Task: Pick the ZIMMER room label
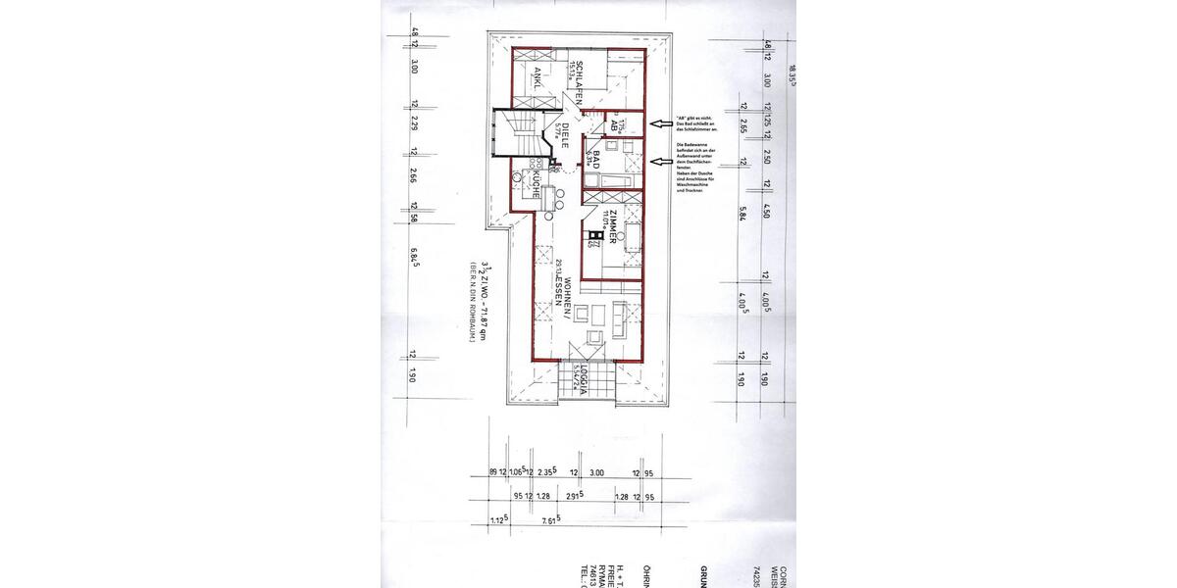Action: coord(612,232)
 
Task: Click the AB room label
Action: coord(609,125)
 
